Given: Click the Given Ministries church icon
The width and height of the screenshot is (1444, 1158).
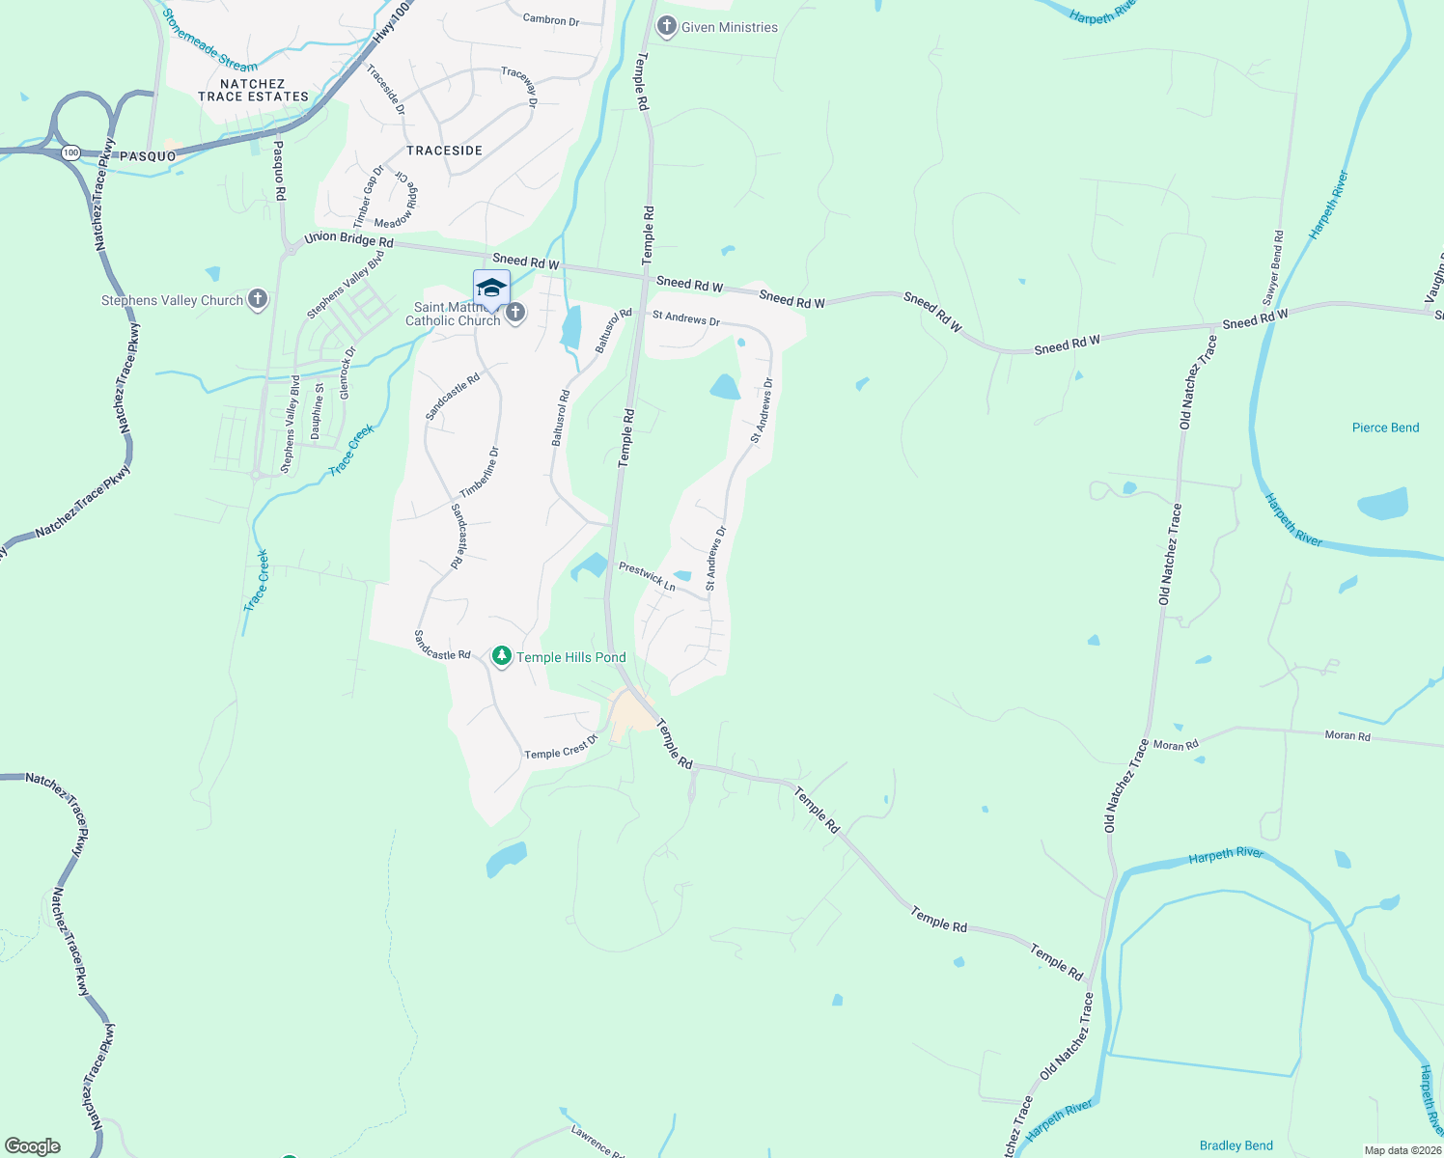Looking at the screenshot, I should (x=666, y=27).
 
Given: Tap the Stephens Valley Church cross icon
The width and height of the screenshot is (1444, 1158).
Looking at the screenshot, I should (x=257, y=299).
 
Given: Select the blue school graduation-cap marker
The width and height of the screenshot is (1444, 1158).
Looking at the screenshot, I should (x=491, y=289).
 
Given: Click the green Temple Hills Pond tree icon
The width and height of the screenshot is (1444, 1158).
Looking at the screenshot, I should (x=501, y=657).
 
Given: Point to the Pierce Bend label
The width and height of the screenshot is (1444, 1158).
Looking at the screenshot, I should (x=1385, y=427).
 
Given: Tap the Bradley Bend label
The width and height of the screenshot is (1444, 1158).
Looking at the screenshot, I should (x=1236, y=1145).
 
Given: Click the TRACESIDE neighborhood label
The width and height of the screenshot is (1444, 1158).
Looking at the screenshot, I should (x=444, y=151).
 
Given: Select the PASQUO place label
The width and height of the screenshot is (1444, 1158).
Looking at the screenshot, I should (x=148, y=156).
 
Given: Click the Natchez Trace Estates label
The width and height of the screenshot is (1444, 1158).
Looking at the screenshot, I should (x=253, y=90).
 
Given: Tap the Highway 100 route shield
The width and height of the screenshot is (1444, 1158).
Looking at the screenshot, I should (x=70, y=152).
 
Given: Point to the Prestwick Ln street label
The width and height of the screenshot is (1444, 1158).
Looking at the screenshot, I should (x=647, y=575).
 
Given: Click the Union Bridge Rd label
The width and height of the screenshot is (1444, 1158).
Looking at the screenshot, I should (x=348, y=239).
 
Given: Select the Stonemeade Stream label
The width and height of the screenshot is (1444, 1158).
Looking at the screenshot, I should (x=209, y=41).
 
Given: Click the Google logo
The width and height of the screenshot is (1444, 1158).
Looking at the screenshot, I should (x=33, y=1146).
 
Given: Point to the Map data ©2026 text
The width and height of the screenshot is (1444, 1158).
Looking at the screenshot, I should (x=1401, y=1150).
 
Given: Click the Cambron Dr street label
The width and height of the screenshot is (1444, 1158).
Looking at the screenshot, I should (x=551, y=19).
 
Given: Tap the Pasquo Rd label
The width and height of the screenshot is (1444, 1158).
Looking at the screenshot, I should (x=279, y=171).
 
